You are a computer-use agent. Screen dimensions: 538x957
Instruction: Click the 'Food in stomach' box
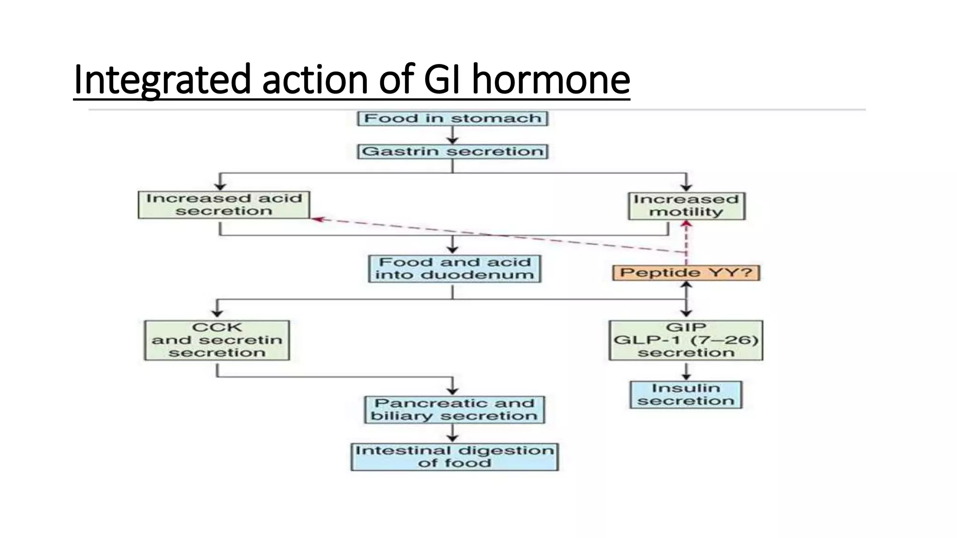click(452, 118)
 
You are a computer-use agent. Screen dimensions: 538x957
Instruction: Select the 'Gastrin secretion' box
click(452, 151)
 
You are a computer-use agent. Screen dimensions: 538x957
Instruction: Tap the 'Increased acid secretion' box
click(224, 205)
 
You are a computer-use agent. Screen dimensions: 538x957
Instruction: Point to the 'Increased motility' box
click(686, 206)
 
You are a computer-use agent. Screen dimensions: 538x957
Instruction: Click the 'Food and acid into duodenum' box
click(454, 269)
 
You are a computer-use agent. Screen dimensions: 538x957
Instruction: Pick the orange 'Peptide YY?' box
click(686, 273)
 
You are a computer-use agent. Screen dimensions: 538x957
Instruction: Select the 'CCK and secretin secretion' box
click(217, 340)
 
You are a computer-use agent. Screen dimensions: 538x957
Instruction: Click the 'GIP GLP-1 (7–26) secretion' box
click(686, 340)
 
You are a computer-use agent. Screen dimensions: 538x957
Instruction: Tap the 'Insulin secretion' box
click(686, 395)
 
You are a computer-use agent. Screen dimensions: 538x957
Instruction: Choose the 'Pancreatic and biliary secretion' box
click(454, 410)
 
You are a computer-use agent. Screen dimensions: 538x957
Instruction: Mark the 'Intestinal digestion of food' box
click(454, 457)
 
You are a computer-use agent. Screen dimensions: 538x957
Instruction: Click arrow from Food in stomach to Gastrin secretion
click(452, 136)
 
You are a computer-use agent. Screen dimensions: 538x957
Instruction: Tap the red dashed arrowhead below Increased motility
click(686, 225)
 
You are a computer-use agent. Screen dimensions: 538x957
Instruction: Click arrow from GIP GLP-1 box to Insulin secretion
click(686, 371)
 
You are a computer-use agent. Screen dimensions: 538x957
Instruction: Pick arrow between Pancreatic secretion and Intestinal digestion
click(452, 433)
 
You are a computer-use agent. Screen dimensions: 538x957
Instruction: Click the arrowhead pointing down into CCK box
click(217, 314)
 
